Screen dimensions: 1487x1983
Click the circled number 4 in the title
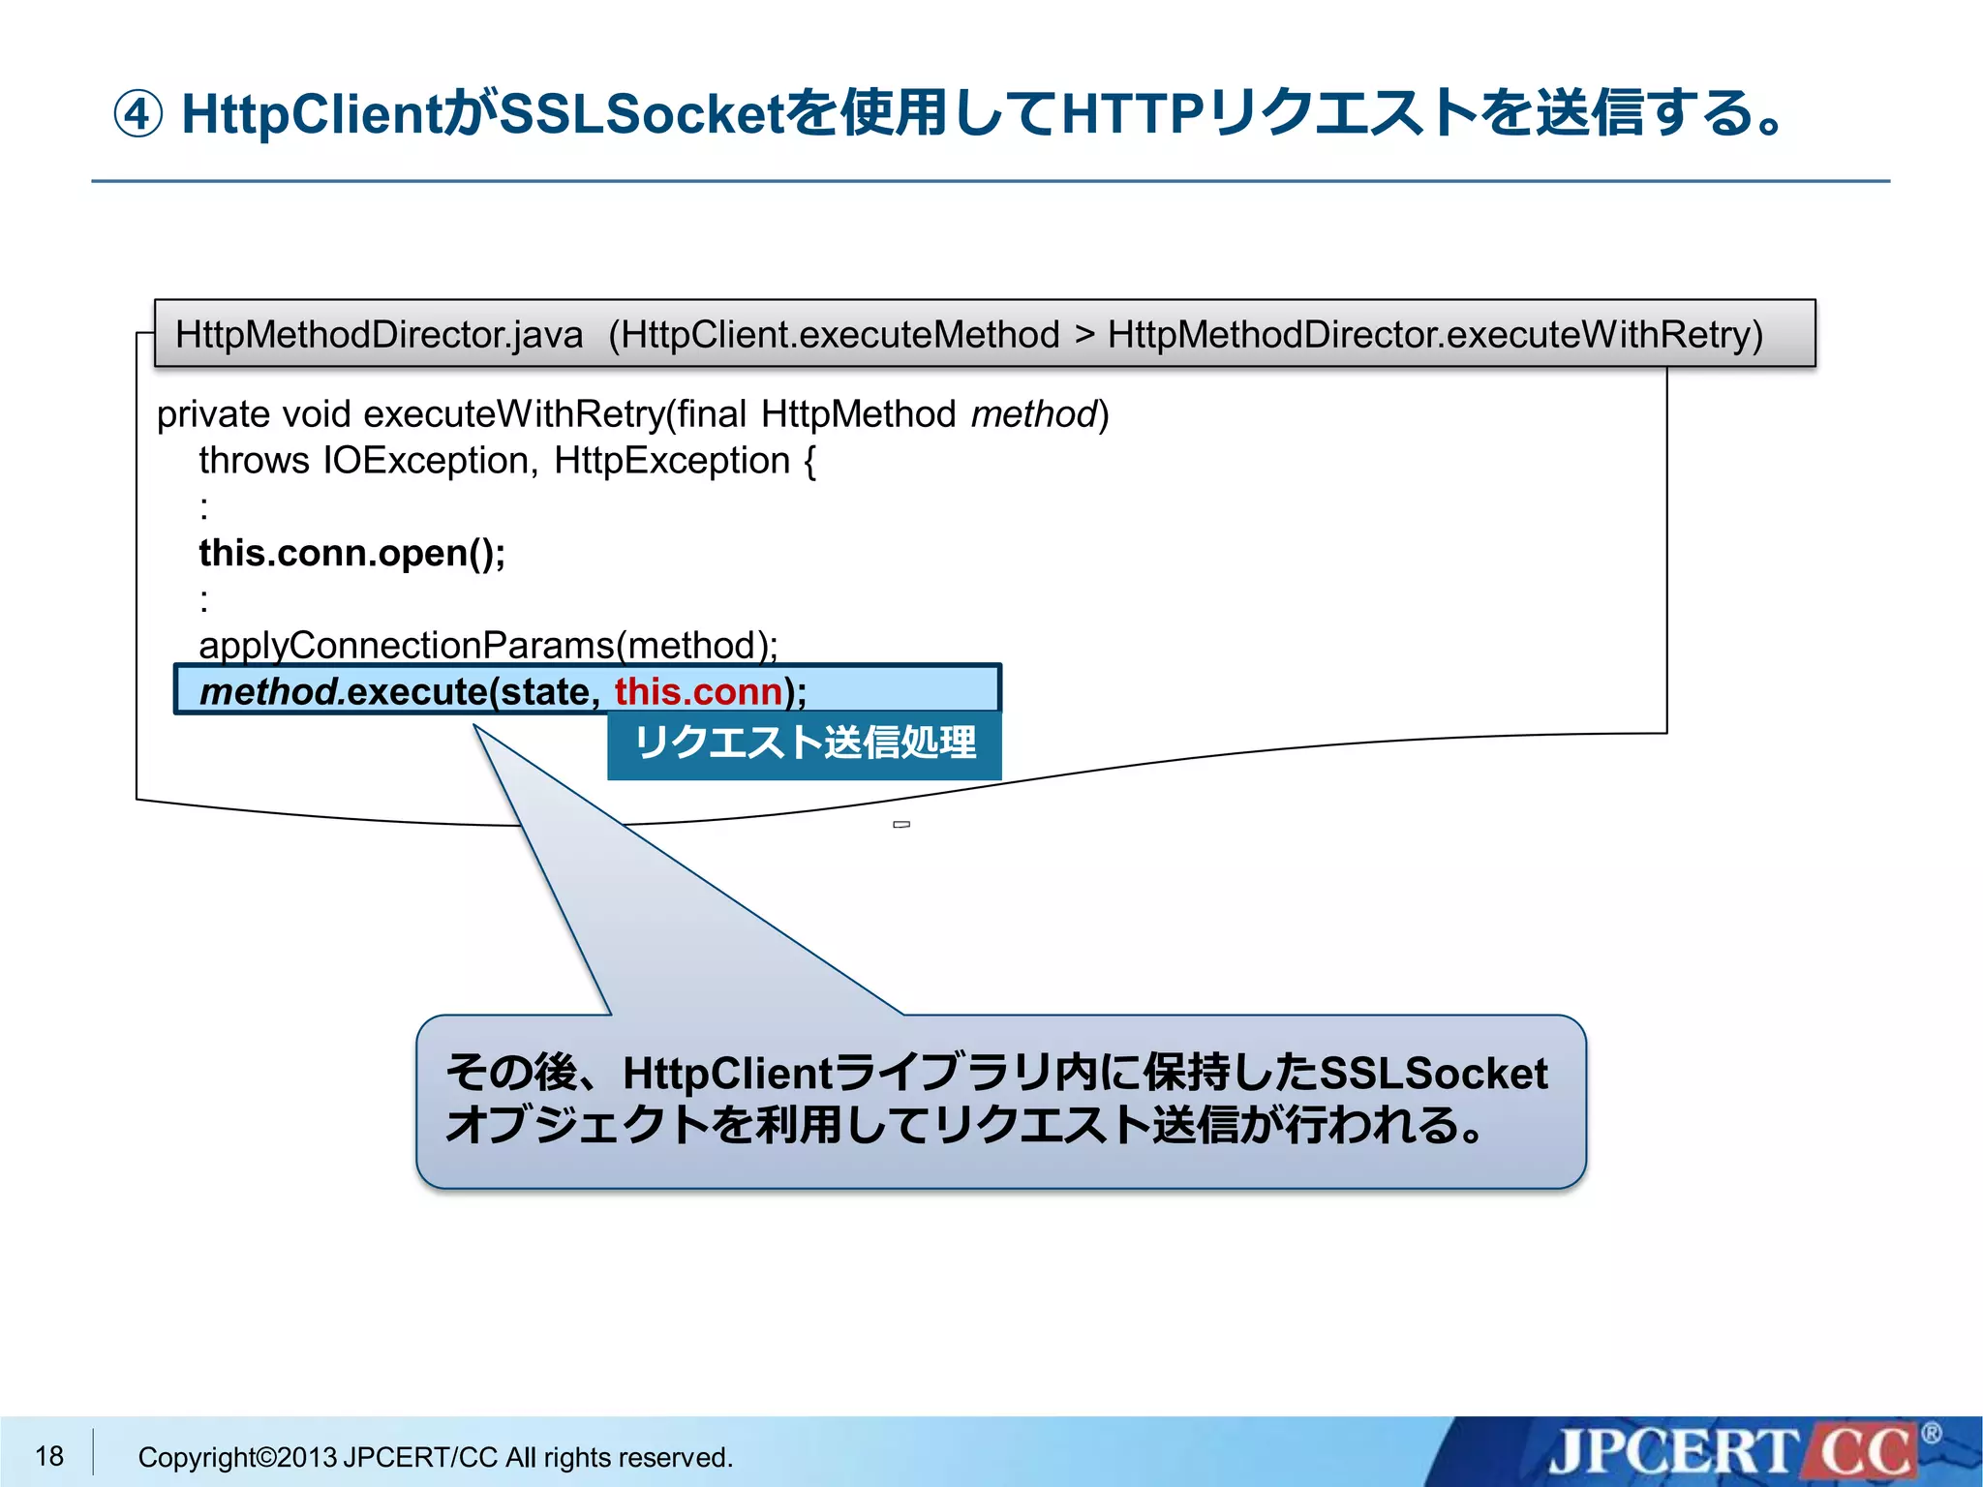pyautogui.click(x=137, y=114)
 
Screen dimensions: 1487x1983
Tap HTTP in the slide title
pyautogui.click(x=1134, y=113)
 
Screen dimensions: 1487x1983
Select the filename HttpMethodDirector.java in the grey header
pyautogui.click(x=379, y=335)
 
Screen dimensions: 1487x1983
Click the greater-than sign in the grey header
pyautogui.click(x=1084, y=335)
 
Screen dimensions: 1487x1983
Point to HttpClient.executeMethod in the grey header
pyautogui.click(x=839, y=335)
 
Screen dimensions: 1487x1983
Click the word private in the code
pyautogui.click(x=213, y=414)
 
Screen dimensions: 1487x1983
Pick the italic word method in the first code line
pyautogui.click(x=1032, y=414)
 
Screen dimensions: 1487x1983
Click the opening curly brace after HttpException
pyautogui.click(x=809, y=461)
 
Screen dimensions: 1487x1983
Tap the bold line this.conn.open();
pyautogui.click(x=351, y=553)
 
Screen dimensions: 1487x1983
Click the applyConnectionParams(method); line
pyautogui.click(x=488, y=645)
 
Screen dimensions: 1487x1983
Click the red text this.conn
pyautogui.click(x=698, y=691)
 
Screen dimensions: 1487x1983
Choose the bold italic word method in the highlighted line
pyautogui.click(x=268, y=691)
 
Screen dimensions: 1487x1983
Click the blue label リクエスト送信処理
pyautogui.click(x=804, y=743)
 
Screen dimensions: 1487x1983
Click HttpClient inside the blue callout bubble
pyautogui.click(x=726, y=1073)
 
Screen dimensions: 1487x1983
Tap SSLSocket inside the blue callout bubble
pyautogui.click(x=1433, y=1073)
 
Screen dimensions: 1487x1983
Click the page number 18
pyautogui.click(x=49, y=1455)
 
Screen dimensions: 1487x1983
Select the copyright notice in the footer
pyautogui.click(x=435, y=1457)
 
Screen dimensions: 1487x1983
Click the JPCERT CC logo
pyautogui.click(x=1733, y=1452)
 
